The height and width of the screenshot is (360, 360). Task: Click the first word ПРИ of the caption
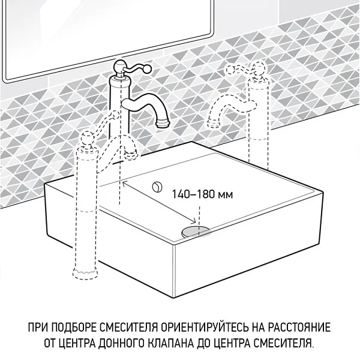click(x=37, y=328)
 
